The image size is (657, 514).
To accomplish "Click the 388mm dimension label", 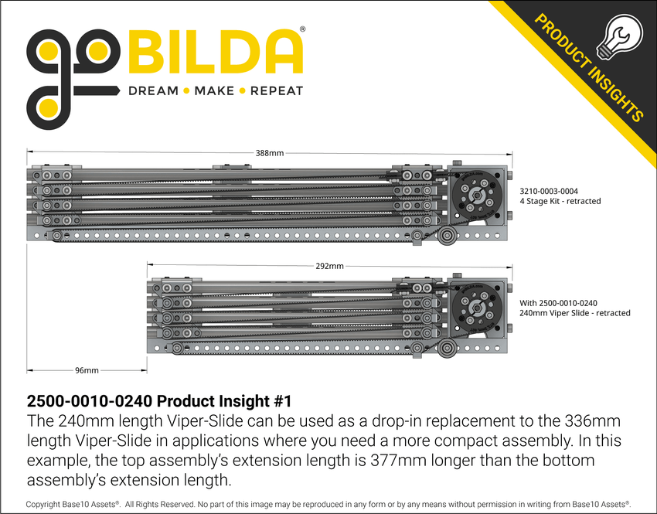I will pos(269,153).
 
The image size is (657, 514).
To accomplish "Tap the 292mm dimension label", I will pos(330,267).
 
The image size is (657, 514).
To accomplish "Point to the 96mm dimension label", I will pos(86,371).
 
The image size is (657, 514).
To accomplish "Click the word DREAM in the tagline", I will pos(153,91).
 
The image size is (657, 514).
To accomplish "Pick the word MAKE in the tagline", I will pos(214,91).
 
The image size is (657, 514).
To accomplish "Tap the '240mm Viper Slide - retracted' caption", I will pos(575,313).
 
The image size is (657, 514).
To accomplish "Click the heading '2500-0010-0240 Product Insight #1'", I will pos(158,403).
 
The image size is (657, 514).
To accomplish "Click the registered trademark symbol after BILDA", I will pos(302,29).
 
